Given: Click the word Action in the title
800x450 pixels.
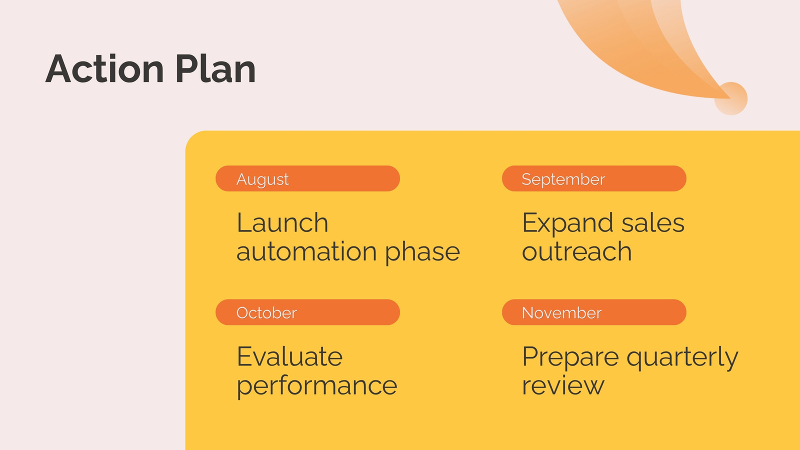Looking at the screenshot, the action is coord(105,68).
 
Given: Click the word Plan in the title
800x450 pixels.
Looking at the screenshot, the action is coord(215,68).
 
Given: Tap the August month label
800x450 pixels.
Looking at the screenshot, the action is coord(262,179).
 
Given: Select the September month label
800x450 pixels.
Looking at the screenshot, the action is coord(563,179).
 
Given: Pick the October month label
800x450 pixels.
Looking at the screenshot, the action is coord(266,313).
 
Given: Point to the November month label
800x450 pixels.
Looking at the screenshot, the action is coord(562,313).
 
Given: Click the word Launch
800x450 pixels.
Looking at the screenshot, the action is coord(282,223).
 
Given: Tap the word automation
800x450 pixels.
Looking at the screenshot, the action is coord(307,251).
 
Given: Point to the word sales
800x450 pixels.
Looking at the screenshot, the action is coord(653,223).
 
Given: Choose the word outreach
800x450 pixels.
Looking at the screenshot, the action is coord(577,251).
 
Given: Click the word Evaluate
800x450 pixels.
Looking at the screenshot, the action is coord(289,356).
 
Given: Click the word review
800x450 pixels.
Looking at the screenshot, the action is coord(563,385).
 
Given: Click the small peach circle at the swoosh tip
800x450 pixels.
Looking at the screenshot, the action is coord(730,98).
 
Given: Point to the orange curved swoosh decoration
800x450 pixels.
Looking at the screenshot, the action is coord(639,50).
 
